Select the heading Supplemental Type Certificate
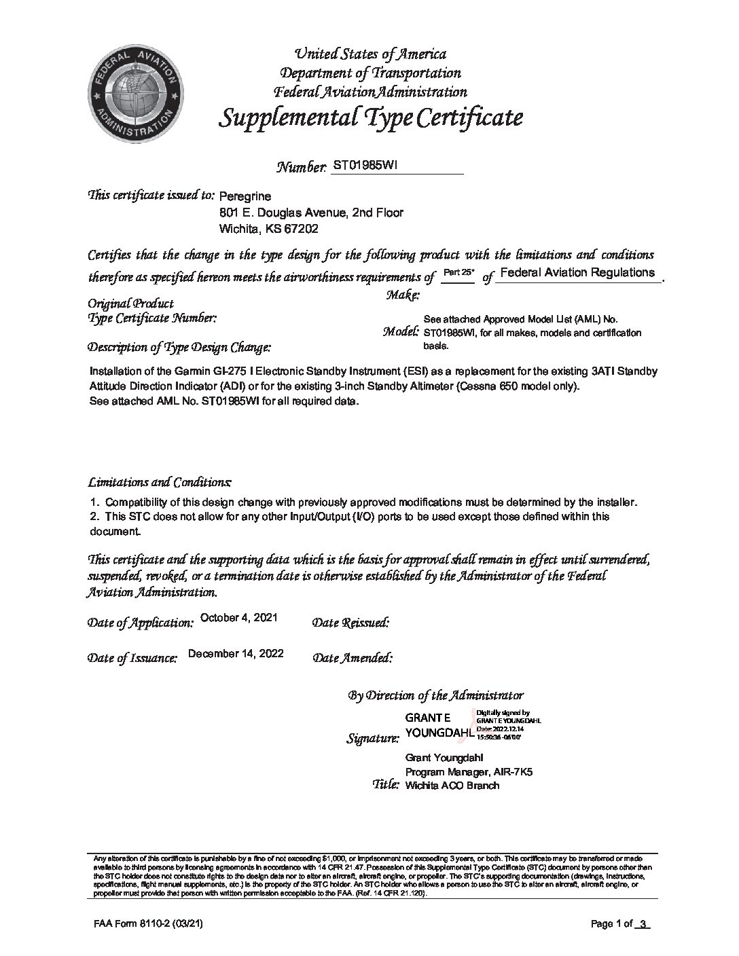click(370, 118)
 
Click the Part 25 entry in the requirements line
click(458, 272)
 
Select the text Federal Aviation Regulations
click(577, 272)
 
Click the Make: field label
click(403, 295)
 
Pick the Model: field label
click(401, 332)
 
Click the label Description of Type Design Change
click(179, 348)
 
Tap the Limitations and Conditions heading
click(160, 483)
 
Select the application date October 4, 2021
click(239, 617)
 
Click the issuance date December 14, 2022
click(236, 654)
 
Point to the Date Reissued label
click(350, 623)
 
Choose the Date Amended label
click(353, 658)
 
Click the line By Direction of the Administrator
click(435, 695)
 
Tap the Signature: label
click(373, 739)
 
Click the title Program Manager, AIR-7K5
click(469, 772)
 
